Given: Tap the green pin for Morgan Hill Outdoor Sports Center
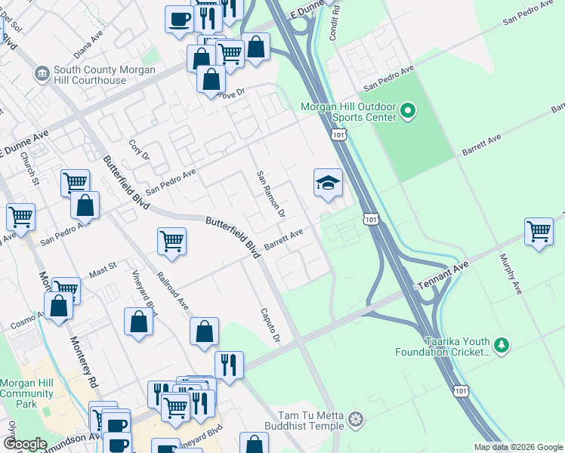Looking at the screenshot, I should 408,112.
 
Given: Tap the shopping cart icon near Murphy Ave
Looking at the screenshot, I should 539,232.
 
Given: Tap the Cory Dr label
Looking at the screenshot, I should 139,149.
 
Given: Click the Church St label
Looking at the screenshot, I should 29,169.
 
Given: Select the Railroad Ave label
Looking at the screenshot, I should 173,291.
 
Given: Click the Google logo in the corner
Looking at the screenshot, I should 26,443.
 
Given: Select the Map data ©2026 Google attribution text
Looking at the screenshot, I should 517,446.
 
